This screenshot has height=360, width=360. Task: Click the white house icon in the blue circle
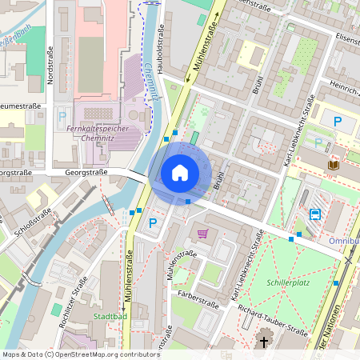point(180,172)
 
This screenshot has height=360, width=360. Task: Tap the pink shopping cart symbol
point(203,234)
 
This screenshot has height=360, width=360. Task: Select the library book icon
point(333,164)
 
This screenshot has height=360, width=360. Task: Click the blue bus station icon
point(315,214)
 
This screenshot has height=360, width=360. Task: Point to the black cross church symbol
point(265,343)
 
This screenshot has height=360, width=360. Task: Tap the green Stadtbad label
point(110,316)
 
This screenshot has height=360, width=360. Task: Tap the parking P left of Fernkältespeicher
point(62,116)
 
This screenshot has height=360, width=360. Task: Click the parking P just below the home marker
point(152,222)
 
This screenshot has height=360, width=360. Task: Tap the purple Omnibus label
point(344,240)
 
